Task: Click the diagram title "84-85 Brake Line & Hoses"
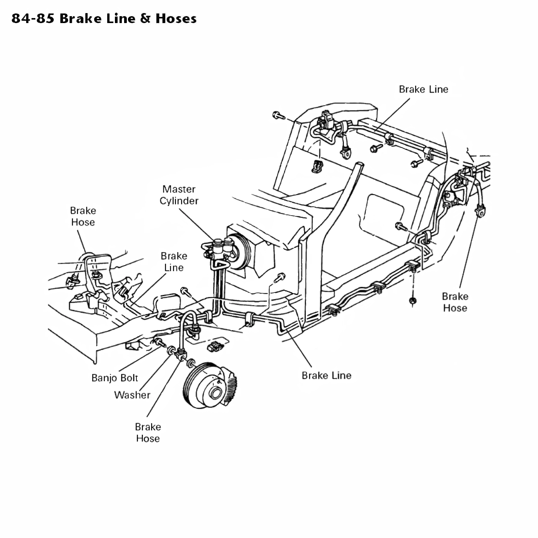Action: tap(104, 18)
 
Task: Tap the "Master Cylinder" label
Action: tap(179, 195)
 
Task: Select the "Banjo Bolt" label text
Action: tap(115, 378)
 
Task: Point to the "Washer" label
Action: tap(132, 395)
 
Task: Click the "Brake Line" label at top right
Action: tap(423, 89)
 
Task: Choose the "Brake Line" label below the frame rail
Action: tap(326, 375)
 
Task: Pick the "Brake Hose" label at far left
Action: tap(83, 216)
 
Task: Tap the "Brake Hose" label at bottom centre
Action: tap(148, 432)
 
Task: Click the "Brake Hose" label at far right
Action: tap(455, 302)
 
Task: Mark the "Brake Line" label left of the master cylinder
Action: tap(174, 262)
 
